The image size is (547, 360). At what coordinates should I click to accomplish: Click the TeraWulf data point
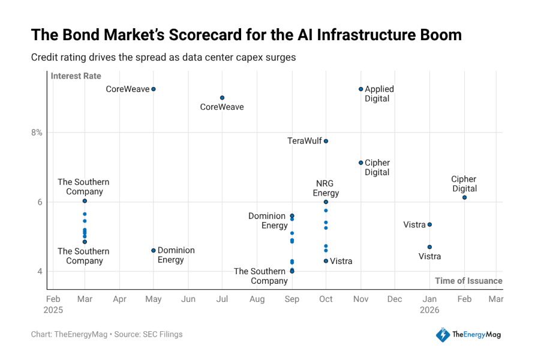326,141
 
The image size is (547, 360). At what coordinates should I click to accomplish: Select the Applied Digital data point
360,89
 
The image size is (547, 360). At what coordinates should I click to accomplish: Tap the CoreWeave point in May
153,89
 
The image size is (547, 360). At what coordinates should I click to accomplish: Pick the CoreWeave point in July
222,98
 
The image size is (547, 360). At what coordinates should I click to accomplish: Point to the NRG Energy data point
326,202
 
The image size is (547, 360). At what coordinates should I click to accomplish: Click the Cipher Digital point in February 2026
464,198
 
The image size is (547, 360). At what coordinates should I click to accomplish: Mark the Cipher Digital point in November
360,163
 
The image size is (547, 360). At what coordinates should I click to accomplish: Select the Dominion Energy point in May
153,250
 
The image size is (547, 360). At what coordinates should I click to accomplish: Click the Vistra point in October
326,261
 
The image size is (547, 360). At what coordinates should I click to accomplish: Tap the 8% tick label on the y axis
37,133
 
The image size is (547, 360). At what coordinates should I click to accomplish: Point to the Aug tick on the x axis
257,299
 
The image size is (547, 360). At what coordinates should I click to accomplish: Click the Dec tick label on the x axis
395,299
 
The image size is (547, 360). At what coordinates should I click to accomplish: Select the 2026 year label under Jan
429,310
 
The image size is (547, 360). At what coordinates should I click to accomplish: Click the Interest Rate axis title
76,76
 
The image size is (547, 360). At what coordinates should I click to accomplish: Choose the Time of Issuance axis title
468,281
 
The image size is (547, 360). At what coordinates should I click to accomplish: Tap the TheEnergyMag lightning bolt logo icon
443,335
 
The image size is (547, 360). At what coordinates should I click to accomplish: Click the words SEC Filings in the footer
163,334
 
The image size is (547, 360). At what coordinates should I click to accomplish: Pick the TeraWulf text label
305,141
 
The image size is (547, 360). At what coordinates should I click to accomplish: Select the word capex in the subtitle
248,58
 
